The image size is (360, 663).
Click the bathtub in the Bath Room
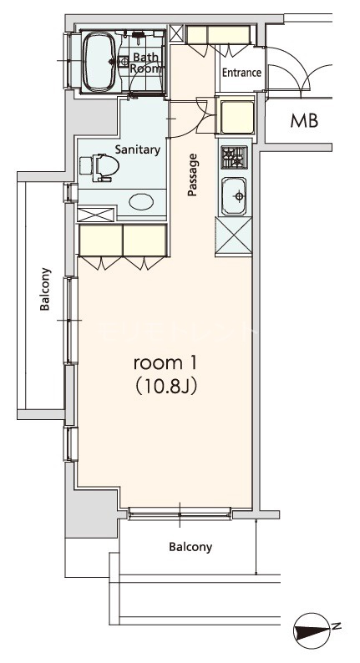click(x=100, y=62)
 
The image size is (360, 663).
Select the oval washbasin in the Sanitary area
click(x=141, y=201)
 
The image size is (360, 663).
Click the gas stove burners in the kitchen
click(x=234, y=157)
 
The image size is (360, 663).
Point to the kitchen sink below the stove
click(x=234, y=196)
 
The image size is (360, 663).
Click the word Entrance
click(x=241, y=73)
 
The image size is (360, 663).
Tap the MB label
click(x=304, y=121)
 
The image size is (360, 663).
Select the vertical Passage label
click(x=193, y=175)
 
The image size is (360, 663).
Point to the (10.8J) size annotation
click(x=165, y=387)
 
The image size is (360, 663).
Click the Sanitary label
click(x=138, y=149)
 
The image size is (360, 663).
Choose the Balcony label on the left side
click(x=45, y=289)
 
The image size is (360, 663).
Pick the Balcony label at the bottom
click(x=190, y=547)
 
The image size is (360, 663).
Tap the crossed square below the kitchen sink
click(x=234, y=236)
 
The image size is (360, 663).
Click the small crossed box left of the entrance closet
click(x=177, y=34)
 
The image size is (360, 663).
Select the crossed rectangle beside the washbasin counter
click(x=95, y=215)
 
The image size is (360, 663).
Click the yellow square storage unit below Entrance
click(x=237, y=115)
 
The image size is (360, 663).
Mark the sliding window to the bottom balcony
click(x=180, y=514)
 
